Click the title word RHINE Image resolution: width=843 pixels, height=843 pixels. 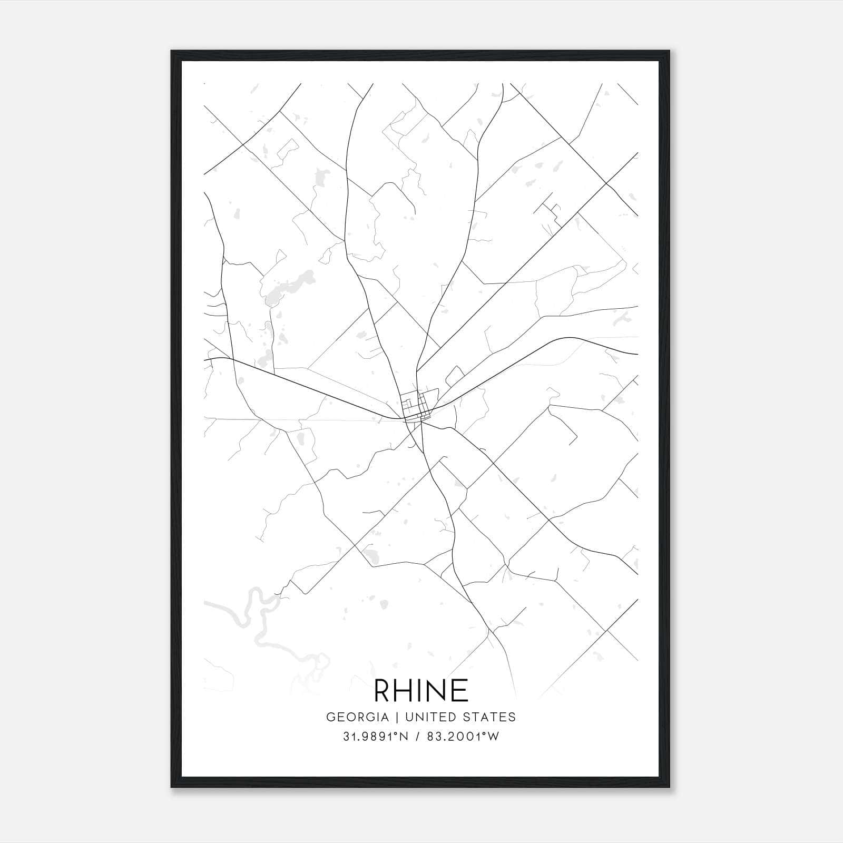pos(421,690)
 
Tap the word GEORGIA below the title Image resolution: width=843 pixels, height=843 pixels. pos(358,717)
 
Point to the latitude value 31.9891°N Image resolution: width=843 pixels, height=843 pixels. pos(376,737)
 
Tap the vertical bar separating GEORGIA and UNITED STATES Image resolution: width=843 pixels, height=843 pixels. pos(395,717)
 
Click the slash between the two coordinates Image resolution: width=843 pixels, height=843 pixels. pos(418,737)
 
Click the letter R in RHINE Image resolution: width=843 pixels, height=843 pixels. pos(383,690)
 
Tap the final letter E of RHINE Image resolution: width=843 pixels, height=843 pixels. pos(460,690)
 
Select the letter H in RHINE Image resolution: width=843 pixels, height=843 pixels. pos(407,690)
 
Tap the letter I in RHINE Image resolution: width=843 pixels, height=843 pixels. pos(423,690)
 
